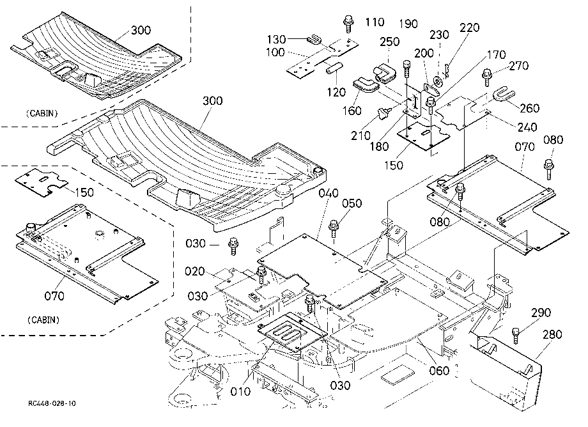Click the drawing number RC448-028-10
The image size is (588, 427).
click(x=52, y=403)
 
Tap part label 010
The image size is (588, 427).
click(x=240, y=391)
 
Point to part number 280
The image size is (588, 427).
click(x=552, y=334)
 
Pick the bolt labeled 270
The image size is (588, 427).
click(x=487, y=77)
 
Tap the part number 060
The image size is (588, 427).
click(x=439, y=370)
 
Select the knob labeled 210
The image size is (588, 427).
click(x=383, y=113)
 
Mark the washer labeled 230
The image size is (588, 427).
click(x=437, y=81)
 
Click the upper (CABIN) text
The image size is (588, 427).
click(x=42, y=113)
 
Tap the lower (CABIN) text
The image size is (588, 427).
click(x=43, y=320)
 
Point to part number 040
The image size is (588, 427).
click(x=329, y=193)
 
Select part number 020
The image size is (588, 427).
click(x=195, y=271)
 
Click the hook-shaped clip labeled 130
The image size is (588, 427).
click(x=314, y=38)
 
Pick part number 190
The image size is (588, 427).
click(x=408, y=24)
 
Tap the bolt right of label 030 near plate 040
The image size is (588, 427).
click(x=233, y=246)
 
